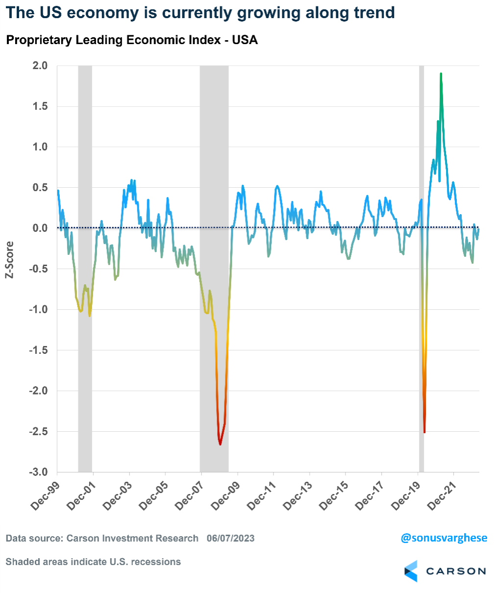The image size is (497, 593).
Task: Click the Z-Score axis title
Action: point(9,260)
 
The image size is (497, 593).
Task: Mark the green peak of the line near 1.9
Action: point(441,74)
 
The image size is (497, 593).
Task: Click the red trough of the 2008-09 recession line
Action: point(220,444)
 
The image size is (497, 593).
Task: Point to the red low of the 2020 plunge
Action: point(424,432)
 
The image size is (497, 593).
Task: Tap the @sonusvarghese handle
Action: point(444,538)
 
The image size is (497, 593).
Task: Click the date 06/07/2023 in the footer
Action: point(230,539)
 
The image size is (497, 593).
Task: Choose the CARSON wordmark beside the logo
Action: point(456,571)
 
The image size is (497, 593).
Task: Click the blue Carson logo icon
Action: point(411,571)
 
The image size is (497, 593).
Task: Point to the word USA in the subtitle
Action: point(246,40)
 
